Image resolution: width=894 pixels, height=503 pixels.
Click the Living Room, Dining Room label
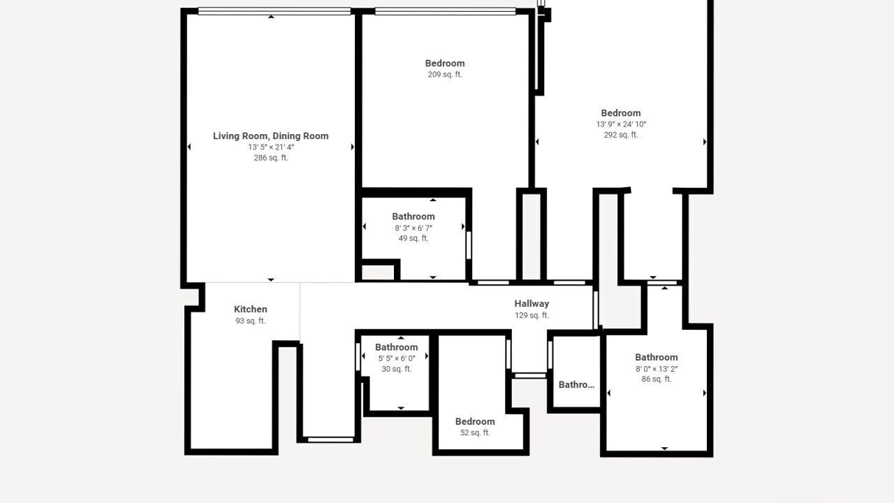pyautogui.click(x=270, y=136)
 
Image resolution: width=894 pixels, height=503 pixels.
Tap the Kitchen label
pyautogui.click(x=251, y=309)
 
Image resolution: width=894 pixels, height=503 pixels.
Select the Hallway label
pyautogui.click(x=532, y=304)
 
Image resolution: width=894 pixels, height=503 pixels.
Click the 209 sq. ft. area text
pyautogui.click(x=445, y=74)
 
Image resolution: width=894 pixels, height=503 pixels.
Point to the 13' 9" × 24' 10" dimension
pyautogui.click(x=621, y=124)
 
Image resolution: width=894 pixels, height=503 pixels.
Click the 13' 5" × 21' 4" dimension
pyautogui.click(x=271, y=147)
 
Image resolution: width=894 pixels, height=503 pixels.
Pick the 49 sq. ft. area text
pyautogui.click(x=413, y=238)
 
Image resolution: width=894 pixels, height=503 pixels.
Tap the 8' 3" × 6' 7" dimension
pyautogui.click(x=413, y=228)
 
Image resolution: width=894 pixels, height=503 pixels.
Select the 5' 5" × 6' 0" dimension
pyautogui.click(x=397, y=358)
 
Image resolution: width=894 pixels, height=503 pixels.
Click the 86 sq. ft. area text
pyautogui.click(x=657, y=379)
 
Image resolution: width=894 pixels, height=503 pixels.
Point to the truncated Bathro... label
pyautogui.click(x=576, y=385)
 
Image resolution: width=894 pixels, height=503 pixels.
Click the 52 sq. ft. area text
pyautogui.click(x=475, y=432)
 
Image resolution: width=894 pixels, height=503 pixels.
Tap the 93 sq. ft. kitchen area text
pyautogui.click(x=251, y=321)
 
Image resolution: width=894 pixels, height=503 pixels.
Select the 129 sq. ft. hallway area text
pyautogui.click(x=532, y=315)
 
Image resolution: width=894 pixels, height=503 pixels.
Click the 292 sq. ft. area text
pyautogui.click(x=621, y=135)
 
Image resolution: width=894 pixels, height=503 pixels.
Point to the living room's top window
pyautogui.click(x=274, y=11)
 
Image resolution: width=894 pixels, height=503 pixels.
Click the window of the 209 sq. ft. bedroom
pyautogui.click(x=446, y=11)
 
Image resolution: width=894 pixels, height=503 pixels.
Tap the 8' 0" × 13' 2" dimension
pyautogui.click(x=657, y=369)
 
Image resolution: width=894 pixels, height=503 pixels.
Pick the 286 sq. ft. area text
pyautogui.click(x=271, y=158)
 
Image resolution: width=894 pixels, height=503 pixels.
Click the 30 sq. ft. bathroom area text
pyautogui.click(x=397, y=370)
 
